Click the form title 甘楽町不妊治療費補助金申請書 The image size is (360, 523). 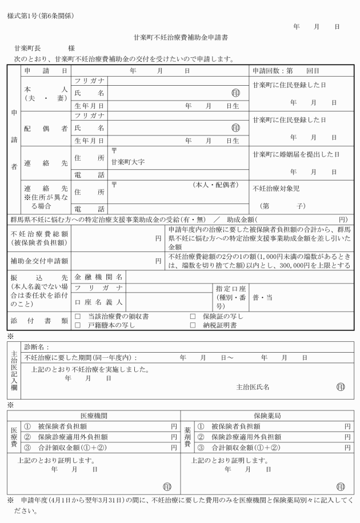(181, 38)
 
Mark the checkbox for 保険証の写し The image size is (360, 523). (193, 316)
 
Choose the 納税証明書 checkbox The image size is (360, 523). (193, 325)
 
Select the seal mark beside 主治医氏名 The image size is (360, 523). (341, 387)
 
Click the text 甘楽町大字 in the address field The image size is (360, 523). (128, 162)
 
